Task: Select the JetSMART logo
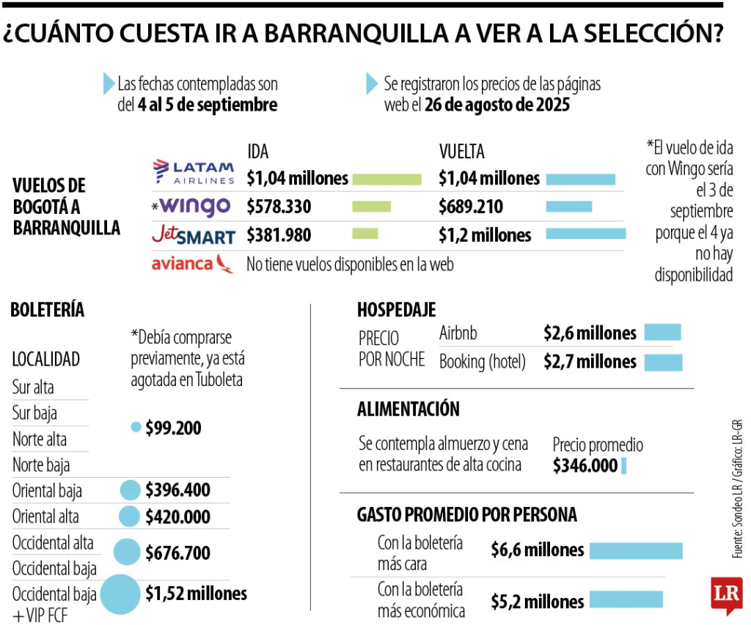[194, 235]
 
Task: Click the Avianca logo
[193, 264]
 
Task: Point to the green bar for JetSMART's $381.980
[365, 234]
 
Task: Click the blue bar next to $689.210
[568, 207]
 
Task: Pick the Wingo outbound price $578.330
[279, 207]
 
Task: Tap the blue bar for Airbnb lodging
[662, 333]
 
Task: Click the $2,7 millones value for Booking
[590, 361]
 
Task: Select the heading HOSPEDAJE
[396, 309]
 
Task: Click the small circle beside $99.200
[136, 427]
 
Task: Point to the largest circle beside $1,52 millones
[120, 593]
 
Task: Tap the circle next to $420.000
[130, 516]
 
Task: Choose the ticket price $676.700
[177, 552]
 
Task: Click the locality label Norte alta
[40, 440]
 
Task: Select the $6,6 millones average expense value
[538, 550]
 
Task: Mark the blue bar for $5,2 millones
[626, 600]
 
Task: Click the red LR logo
[726, 595]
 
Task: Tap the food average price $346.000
[585, 465]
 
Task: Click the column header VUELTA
[462, 152]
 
